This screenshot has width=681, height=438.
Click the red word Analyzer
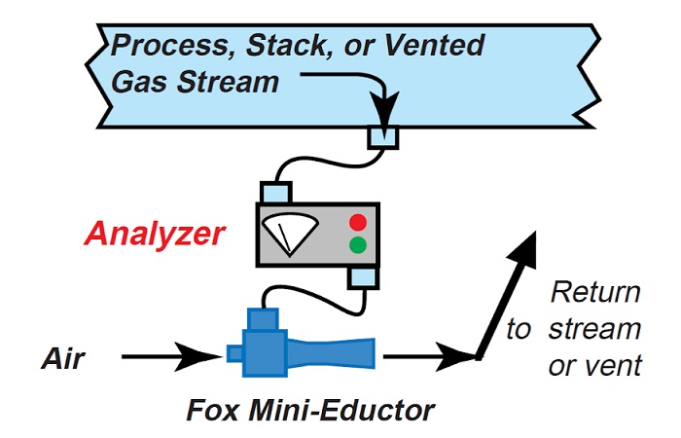click(x=155, y=235)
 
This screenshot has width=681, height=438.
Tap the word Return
click(x=595, y=293)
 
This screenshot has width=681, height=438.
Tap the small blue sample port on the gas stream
click(x=382, y=137)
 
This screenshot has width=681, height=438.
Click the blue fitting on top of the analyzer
click(x=277, y=191)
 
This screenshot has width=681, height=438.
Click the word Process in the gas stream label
click(x=166, y=47)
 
